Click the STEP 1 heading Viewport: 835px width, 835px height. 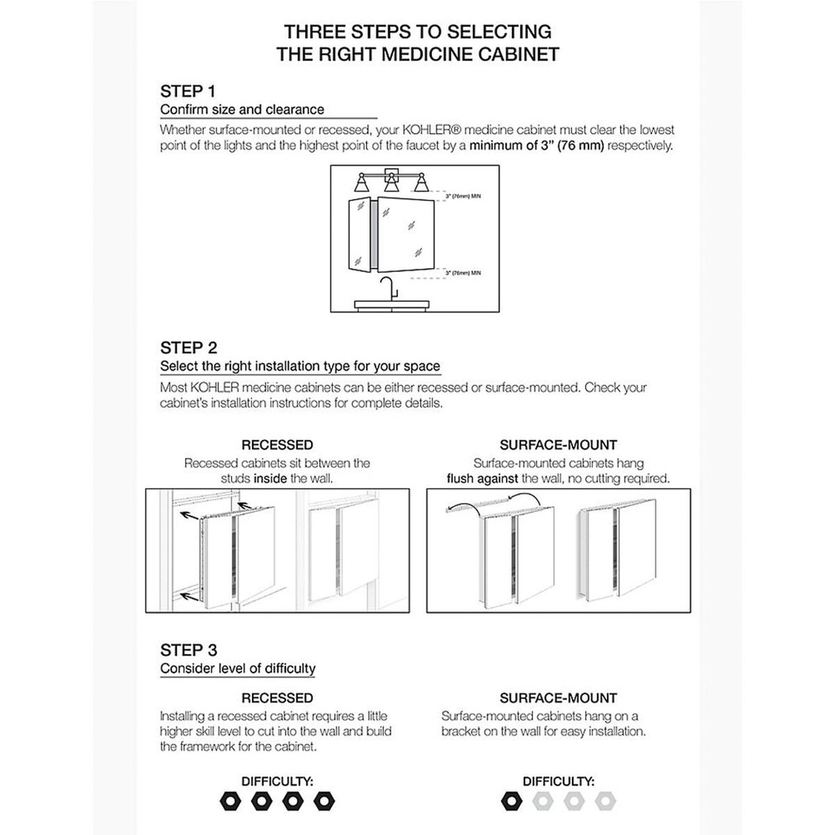(x=188, y=91)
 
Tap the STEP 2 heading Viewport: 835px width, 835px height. (x=189, y=348)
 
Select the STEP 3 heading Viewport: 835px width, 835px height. (x=189, y=650)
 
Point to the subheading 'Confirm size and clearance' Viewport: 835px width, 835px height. (x=242, y=109)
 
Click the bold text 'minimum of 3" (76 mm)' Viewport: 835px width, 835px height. (x=536, y=146)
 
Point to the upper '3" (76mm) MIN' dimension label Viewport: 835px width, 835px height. (x=463, y=197)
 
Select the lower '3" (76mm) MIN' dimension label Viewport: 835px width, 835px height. (x=463, y=273)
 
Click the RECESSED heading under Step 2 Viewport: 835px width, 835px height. (x=277, y=445)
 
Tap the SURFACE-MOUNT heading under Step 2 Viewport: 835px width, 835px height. (x=558, y=445)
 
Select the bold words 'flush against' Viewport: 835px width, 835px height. (x=482, y=479)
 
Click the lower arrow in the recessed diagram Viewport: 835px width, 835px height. (x=186, y=595)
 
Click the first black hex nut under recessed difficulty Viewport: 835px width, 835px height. (x=230, y=802)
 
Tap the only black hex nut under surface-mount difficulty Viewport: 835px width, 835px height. (x=511, y=802)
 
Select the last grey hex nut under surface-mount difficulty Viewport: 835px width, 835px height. (x=606, y=802)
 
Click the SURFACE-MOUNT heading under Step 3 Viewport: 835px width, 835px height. (x=558, y=698)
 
